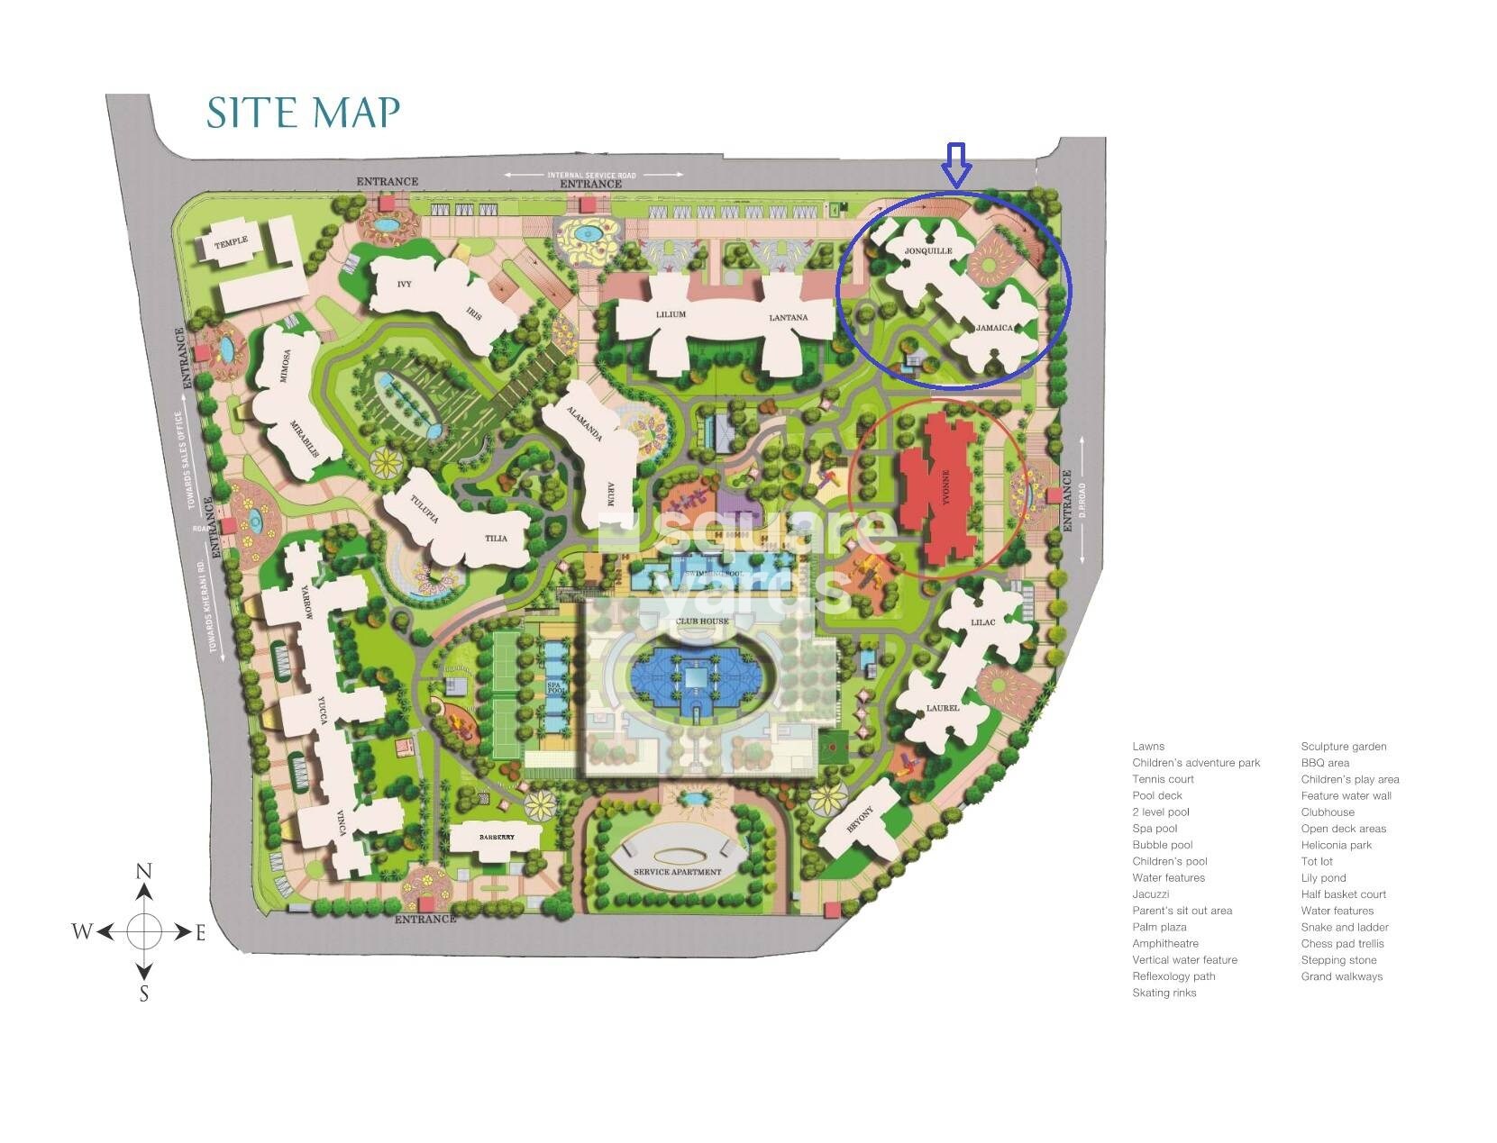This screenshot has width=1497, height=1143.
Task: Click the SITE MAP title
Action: [x=303, y=113]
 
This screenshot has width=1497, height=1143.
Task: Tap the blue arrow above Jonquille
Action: [x=955, y=164]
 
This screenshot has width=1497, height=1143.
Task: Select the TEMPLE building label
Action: [x=231, y=243]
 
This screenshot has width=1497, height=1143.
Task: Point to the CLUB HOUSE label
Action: [x=702, y=621]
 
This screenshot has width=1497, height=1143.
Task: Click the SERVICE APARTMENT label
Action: [x=677, y=872]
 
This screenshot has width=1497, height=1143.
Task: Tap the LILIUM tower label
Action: [x=671, y=314]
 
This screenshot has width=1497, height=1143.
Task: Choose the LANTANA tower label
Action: [x=788, y=317]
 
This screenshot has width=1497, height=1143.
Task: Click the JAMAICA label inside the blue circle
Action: [x=995, y=328]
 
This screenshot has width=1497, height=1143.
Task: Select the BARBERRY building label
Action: [x=497, y=838]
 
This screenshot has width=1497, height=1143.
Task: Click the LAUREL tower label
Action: [x=943, y=708]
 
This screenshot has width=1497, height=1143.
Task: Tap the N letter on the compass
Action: [x=143, y=871]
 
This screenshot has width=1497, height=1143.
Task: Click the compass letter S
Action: [x=143, y=994]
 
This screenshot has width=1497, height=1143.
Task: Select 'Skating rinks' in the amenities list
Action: [x=1164, y=993]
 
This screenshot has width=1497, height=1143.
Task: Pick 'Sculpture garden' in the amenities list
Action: [x=1343, y=746]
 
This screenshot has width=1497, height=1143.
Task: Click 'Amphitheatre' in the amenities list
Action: [x=1165, y=943]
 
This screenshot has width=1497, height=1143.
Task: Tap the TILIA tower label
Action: [x=496, y=539]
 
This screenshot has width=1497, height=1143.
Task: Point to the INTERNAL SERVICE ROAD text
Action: [x=591, y=175]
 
